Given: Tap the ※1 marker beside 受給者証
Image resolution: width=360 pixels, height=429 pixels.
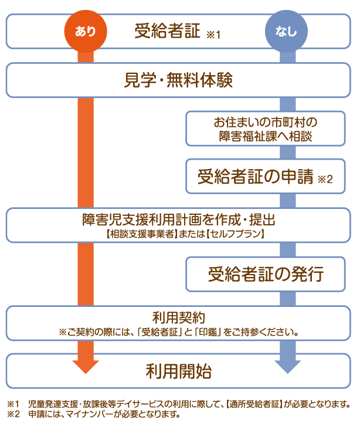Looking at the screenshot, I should (213, 35).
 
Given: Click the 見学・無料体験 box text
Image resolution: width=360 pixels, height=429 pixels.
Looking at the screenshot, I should (179, 80).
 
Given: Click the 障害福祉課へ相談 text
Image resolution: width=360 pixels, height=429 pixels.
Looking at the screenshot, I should (265, 136).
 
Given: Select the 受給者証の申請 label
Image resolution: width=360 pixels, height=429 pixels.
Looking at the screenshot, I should (255, 176).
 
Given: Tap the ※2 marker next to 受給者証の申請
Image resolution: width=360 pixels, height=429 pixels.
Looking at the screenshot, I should (324, 180).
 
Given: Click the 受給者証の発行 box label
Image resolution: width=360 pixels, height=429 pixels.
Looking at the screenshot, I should (265, 274).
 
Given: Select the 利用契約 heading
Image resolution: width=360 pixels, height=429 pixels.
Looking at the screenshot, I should (179, 318).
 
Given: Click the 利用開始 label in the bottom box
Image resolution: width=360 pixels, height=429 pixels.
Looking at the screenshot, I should (179, 371).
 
